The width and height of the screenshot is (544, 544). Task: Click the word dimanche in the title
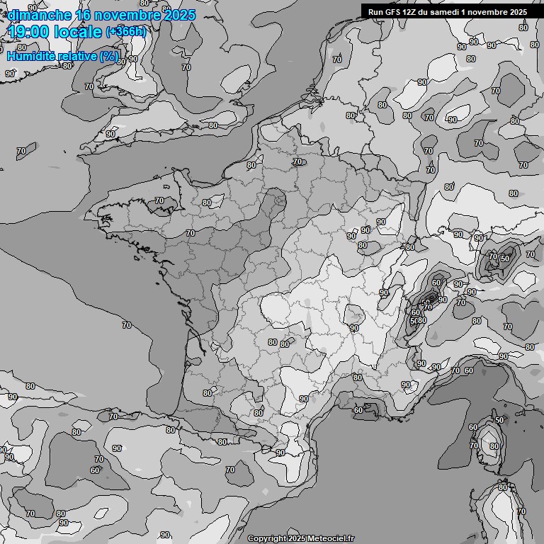[x=40, y=14]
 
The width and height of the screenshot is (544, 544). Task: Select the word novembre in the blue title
[x=129, y=14]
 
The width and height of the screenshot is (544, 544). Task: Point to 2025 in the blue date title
[x=179, y=14]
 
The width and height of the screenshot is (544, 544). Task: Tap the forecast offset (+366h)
[x=126, y=31]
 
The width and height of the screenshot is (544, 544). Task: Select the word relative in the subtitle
[x=79, y=56]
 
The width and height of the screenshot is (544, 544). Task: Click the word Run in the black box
[x=376, y=11]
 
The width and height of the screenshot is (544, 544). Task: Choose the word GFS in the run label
[x=394, y=11]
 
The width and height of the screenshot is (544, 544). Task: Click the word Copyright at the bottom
[x=266, y=538]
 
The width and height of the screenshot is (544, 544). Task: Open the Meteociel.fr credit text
[x=331, y=538]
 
